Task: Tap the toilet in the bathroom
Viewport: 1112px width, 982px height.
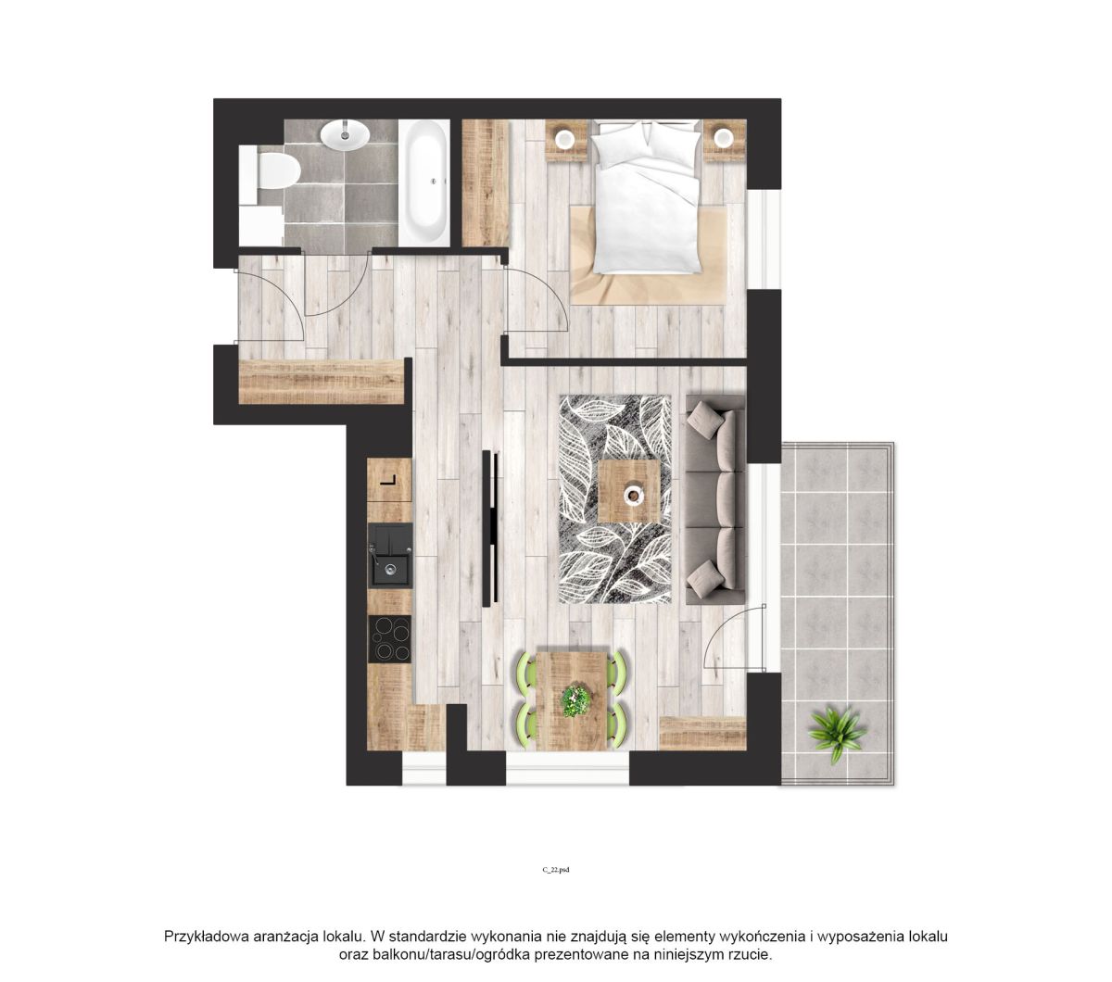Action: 277,170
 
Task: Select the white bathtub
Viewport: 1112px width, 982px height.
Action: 423,183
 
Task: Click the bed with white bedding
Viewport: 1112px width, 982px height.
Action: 646,196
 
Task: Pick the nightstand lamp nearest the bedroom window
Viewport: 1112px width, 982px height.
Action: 724,138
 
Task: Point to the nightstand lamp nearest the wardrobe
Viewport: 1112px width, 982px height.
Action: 564,139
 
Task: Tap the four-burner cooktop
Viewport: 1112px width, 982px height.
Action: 390,639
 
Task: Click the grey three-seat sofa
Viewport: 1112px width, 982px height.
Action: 715,499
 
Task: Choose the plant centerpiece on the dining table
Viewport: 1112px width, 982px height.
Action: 575,701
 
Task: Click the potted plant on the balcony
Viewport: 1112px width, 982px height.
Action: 837,734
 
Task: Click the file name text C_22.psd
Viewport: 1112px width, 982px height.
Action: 555,870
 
